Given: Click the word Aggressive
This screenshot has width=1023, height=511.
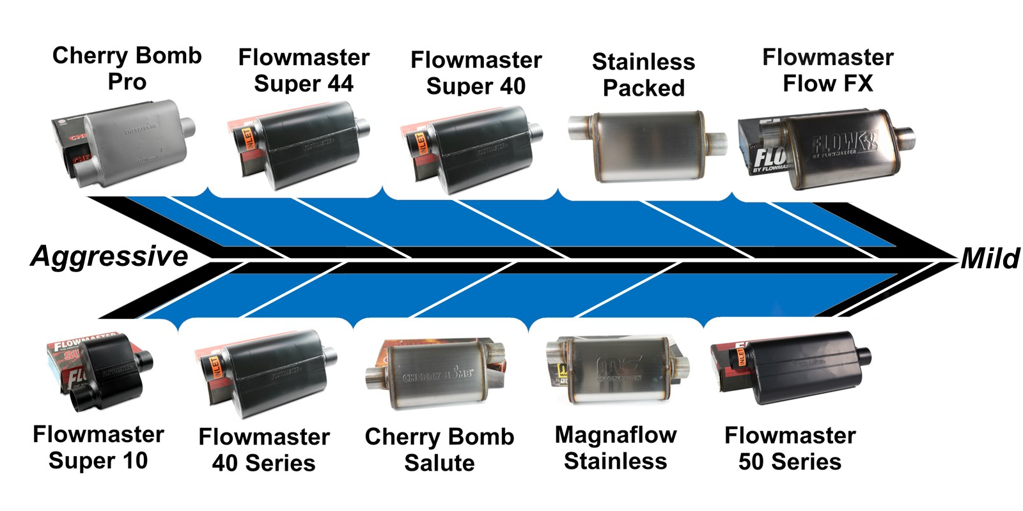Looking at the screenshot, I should tap(109, 256).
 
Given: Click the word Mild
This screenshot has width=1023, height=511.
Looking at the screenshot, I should tap(990, 259).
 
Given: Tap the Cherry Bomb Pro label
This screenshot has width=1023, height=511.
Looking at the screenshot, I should tap(127, 68).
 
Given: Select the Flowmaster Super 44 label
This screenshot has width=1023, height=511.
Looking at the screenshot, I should tap(304, 70).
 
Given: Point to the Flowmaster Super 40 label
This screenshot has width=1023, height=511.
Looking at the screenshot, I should tap(476, 73).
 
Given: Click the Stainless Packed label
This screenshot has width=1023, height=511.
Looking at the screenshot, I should tap(643, 75).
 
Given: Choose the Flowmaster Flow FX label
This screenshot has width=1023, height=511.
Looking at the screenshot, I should tap(828, 70).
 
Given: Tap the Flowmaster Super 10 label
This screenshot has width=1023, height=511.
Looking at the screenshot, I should tap(98, 447).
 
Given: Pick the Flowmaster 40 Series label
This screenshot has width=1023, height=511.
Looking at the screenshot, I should tap(264, 450).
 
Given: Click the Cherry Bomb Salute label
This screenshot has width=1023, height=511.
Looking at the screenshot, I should tap(439, 450).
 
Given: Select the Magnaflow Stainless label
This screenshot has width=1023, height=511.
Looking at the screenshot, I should tap(616, 448).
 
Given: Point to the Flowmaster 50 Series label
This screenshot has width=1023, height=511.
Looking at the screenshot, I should tap(790, 448).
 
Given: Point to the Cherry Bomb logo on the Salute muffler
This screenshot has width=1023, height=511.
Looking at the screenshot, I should tap(438, 375).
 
